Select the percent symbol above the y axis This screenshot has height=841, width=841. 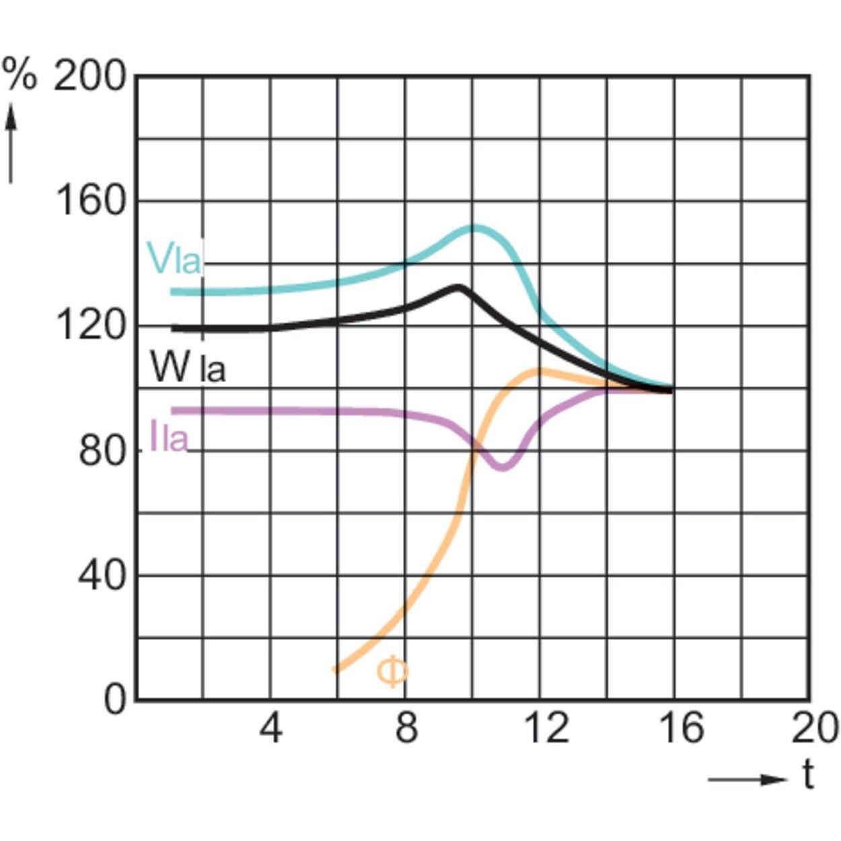click(20, 74)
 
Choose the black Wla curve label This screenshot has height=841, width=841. click(188, 367)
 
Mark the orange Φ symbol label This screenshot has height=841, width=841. click(392, 673)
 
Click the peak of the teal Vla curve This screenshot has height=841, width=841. click(475, 228)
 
